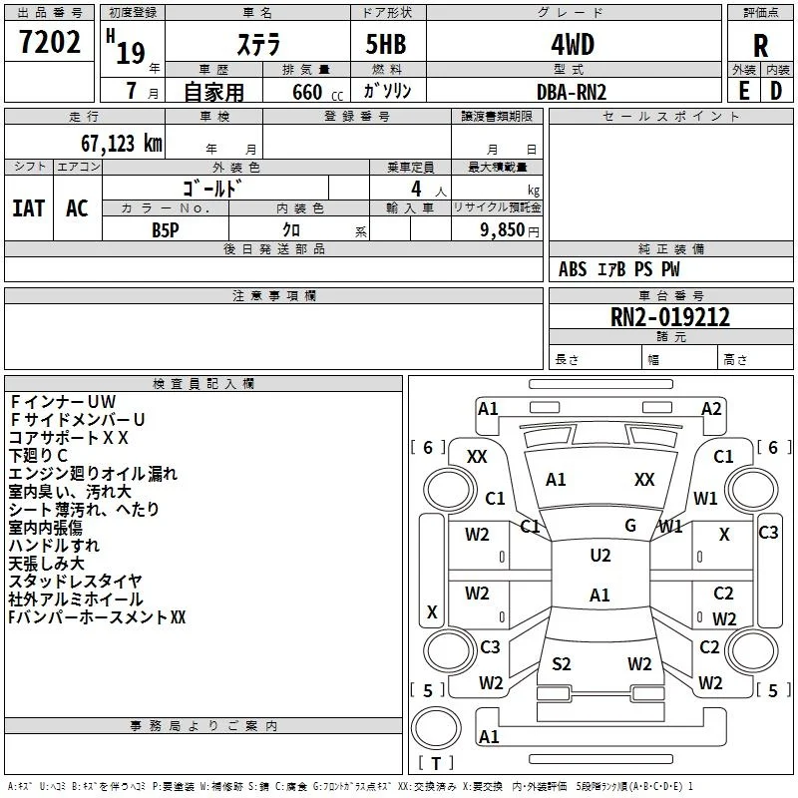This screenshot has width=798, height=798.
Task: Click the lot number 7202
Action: tap(49, 42)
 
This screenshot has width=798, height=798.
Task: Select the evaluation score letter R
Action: tap(760, 46)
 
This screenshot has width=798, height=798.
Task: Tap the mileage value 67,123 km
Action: tap(122, 144)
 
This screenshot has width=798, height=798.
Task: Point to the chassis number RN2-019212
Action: tap(669, 317)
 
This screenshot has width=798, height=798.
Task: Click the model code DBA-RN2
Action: tap(572, 92)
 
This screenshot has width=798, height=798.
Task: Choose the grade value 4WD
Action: tap(573, 45)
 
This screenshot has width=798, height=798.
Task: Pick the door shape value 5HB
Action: tap(386, 44)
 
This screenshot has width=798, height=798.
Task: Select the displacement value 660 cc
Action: tap(317, 93)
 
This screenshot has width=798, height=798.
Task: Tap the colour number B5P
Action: tap(166, 230)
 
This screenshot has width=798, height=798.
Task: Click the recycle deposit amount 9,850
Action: tap(503, 230)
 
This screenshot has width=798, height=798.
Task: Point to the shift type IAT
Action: tap(29, 208)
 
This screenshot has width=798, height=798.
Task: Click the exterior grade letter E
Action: tap(743, 91)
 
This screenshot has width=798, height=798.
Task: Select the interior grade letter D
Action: tap(776, 91)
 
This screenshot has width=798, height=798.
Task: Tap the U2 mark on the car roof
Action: tap(600, 556)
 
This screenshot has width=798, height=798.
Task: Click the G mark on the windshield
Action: tap(630, 526)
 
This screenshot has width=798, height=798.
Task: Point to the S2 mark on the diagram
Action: tap(562, 664)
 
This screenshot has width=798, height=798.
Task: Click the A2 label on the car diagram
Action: tap(711, 409)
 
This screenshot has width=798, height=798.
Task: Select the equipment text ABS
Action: tap(573, 269)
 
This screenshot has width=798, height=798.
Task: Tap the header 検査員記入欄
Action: tap(203, 384)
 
